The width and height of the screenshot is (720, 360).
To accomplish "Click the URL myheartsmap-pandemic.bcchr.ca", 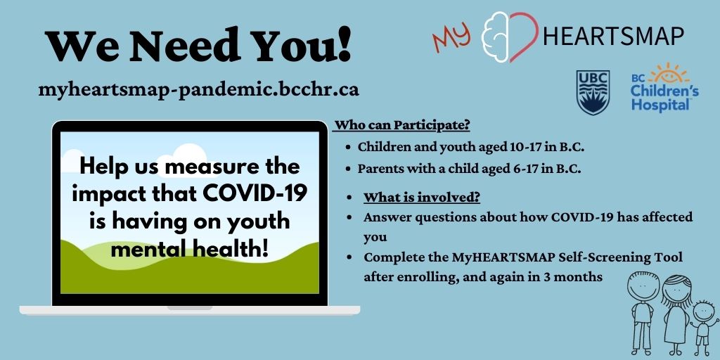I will [200, 90].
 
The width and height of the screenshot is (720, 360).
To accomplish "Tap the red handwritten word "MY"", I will [452, 38].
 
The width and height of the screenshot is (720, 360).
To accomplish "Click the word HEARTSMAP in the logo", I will [613, 36].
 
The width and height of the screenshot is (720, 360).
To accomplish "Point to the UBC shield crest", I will [592, 92].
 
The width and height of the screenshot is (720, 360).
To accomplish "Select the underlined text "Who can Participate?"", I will [401, 126].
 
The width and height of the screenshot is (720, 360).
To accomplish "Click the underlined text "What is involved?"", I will [421, 197].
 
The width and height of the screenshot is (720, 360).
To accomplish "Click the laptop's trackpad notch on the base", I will [189, 308].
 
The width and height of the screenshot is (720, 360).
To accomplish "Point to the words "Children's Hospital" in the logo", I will [664, 98].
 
